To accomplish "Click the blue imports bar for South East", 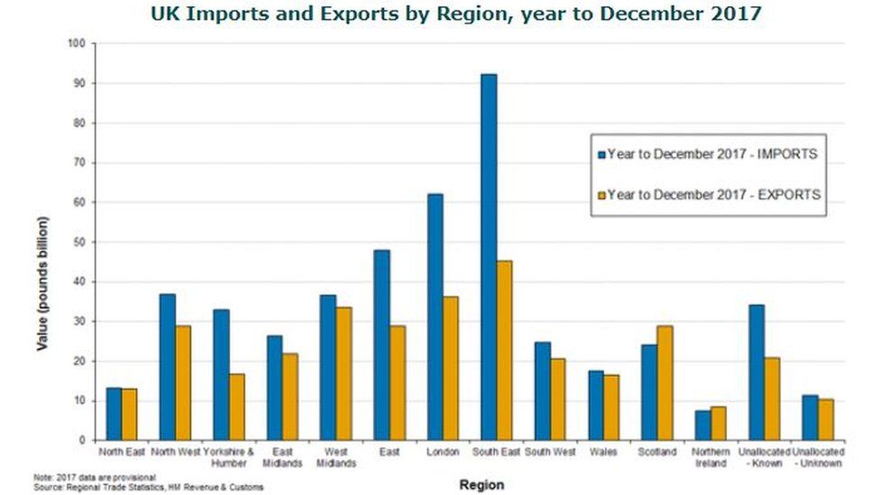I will tap(488, 257).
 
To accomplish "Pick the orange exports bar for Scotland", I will tap(665, 382).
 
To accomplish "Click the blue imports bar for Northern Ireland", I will tap(702, 425).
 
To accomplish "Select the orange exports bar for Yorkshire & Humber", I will tap(236, 407).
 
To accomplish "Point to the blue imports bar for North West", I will tap(167, 366).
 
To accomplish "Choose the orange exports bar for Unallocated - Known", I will tap(772, 399).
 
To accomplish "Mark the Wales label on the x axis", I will tap(602, 451).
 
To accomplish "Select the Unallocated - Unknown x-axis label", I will tap(817, 456).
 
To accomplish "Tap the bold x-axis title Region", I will tap(482, 484).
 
